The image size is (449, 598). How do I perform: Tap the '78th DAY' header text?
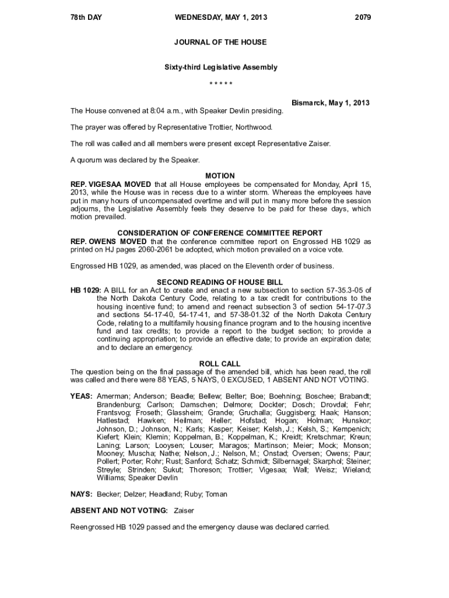coord(86,18)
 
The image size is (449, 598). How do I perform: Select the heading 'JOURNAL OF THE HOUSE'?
coord(220,42)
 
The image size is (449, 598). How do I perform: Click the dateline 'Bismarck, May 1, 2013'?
coord(331,103)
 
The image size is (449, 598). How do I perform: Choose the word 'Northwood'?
coord(254,127)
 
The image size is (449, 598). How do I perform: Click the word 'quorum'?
coord(91,159)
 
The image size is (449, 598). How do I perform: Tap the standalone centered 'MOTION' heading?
coord(220,176)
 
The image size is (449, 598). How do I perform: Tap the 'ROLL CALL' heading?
coord(220,364)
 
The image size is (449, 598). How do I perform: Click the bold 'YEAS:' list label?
coord(82,396)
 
